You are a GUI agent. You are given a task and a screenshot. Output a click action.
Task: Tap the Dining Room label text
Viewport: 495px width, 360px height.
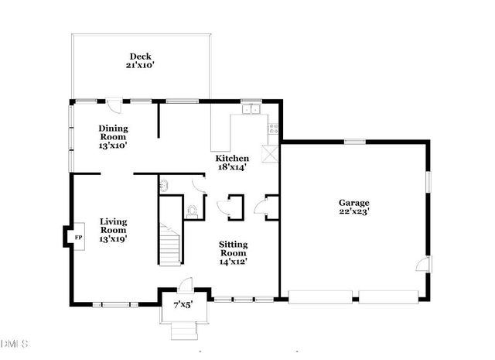coord(113,136)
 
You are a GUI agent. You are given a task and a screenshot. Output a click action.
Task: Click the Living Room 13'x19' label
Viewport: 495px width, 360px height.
coord(113,230)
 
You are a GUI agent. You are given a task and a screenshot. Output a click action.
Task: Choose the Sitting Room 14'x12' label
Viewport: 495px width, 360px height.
coord(233,252)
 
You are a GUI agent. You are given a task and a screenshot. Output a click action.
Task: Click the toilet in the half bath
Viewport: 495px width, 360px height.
coord(191,210)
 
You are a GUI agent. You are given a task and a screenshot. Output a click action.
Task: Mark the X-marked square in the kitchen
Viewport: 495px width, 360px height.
coord(271,153)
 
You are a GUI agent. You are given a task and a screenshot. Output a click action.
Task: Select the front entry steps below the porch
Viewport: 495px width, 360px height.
coord(183,331)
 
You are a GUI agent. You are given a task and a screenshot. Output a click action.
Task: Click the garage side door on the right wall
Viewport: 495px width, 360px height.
coord(421,266)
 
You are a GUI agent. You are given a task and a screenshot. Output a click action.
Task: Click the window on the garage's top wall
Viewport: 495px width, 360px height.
coord(354,141)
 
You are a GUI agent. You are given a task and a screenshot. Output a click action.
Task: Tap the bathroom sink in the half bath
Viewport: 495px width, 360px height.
coord(164,186)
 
